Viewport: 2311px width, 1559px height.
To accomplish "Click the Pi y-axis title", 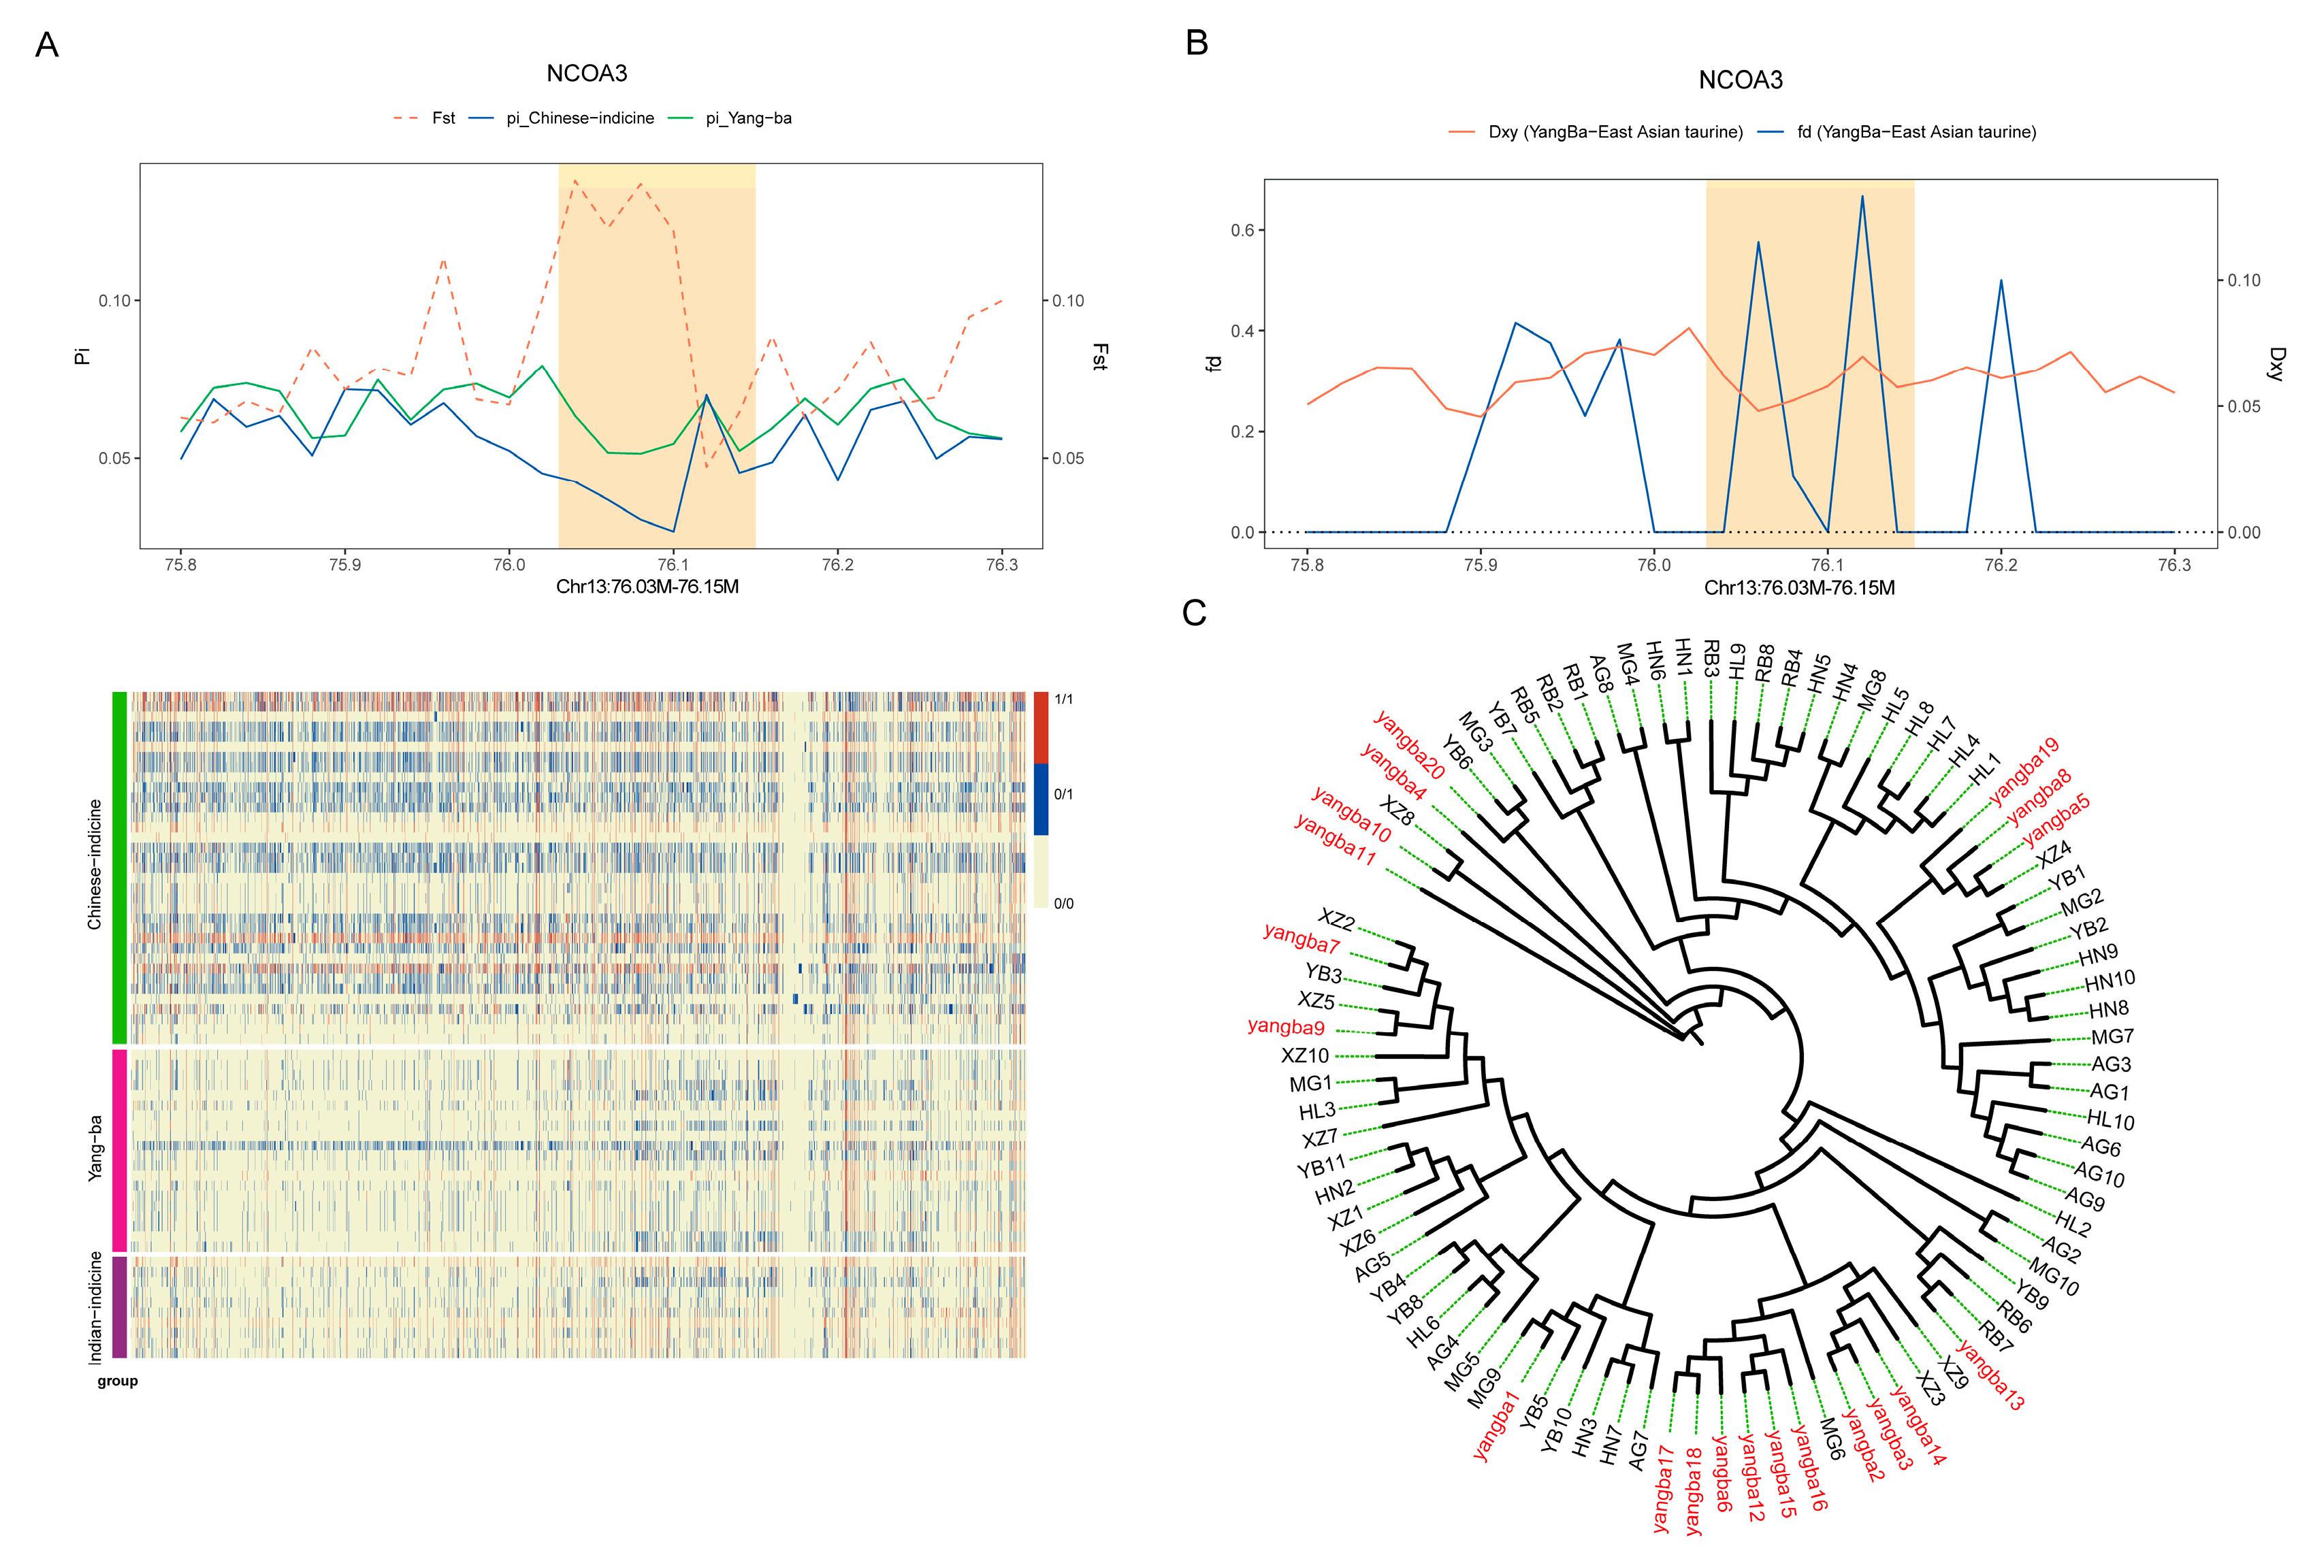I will pos(82,355).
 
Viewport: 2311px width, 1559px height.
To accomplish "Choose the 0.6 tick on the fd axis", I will pos(1242,230).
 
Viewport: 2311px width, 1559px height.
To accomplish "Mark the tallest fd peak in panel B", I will pos(1862,197).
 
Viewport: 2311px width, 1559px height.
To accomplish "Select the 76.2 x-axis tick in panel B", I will pos(2001,565).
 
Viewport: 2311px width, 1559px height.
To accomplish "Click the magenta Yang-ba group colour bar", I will pos(119,1150).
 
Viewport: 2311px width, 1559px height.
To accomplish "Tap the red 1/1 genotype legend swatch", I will pos(1041,728).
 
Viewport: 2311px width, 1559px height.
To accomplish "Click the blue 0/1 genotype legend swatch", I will pos(1041,798).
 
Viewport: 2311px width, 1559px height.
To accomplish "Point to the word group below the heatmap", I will pos(117,1381).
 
